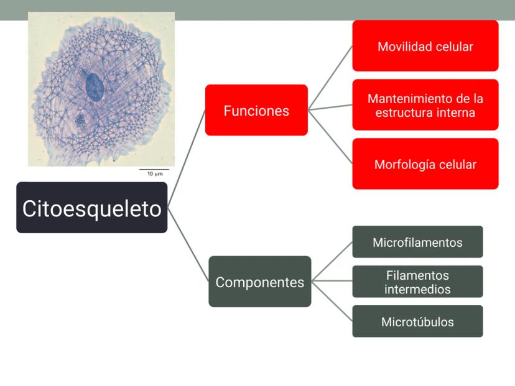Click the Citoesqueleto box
coord(92,208)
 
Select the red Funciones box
coord(256,110)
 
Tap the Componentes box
coord(259,282)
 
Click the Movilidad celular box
coord(425,46)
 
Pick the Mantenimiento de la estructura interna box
coord(425,105)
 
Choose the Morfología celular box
coord(425,164)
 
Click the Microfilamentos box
coord(417,242)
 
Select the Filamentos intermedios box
coord(417,282)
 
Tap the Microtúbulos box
coord(417,321)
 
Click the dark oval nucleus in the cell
coord(95,87)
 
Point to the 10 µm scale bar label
coord(155,174)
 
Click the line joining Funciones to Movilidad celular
coord(330,78)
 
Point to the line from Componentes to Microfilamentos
coord(332,261)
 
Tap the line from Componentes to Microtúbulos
coord(332,301)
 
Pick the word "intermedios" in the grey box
coord(417,289)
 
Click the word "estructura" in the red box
coord(402,113)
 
